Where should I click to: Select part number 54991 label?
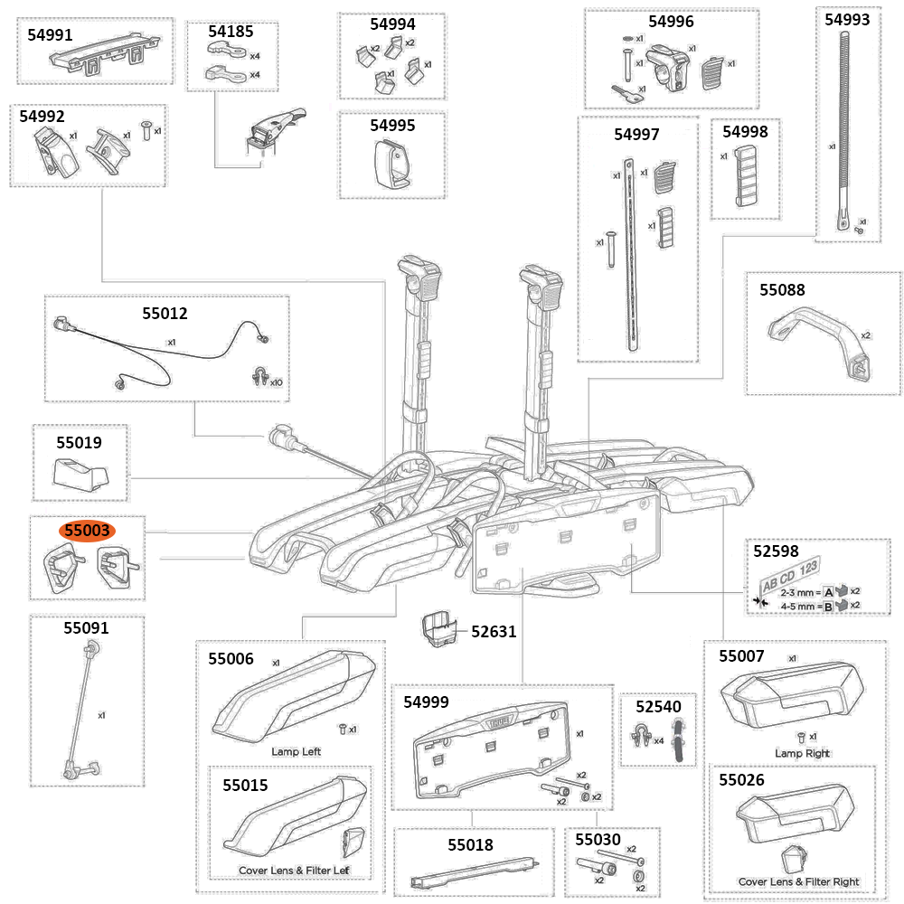(x=51, y=34)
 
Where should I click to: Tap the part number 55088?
(x=782, y=290)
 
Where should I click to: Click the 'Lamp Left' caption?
(x=296, y=751)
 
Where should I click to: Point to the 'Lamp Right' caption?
(x=802, y=753)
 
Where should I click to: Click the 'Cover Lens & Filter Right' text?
(x=798, y=881)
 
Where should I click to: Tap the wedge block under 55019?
(x=82, y=472)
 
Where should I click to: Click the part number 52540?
(x=657, y=705)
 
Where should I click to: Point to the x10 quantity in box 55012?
(x=274, y=382)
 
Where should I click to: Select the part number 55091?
(x=86, y=627)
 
